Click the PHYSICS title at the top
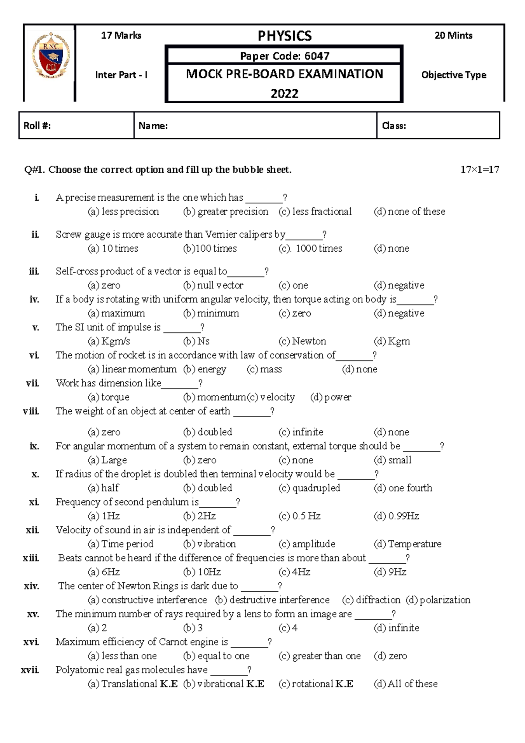click(284, 36)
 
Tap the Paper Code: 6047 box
click(284, 56)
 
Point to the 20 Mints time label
click(453, 36)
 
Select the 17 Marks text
click(121, 36)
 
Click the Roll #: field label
click(37, 126)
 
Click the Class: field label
click(394, 126)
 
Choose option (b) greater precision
click(226, 212)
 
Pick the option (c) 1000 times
click(311, 249)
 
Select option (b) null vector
click(213, 285)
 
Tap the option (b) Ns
click(196, 341)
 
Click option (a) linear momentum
click(132, 369)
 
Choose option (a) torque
click(108, 397)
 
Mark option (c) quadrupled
click(309, 488)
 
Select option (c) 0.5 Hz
click(299, 516)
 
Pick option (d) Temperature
click(407, 544)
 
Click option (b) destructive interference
click(272, 600)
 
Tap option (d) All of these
click(406, 684)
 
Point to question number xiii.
click(31, 558)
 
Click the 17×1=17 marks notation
click(479, 170)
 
